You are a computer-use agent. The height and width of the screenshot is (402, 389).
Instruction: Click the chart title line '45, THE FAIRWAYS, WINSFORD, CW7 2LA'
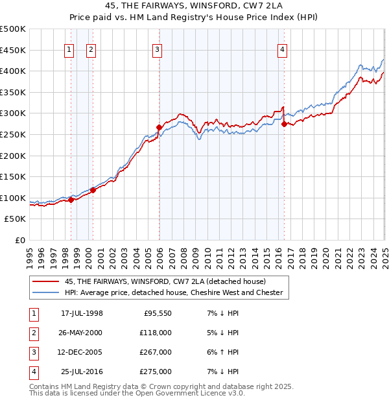point(194,6)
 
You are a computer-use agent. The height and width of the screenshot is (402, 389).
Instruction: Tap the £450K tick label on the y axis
point(13,50)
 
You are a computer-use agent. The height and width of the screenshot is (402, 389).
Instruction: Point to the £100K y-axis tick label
point(13,198)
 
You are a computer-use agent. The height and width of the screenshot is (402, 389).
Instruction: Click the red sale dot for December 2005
point(159,127)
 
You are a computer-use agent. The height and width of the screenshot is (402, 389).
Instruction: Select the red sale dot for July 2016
point(285,124)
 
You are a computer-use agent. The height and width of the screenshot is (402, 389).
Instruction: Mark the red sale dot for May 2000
point(93,190)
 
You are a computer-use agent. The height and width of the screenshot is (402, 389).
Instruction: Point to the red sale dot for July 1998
point(71,200)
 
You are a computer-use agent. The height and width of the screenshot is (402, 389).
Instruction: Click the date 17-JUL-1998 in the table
point(82,314)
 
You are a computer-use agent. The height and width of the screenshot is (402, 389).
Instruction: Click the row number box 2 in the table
point(33,333)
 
